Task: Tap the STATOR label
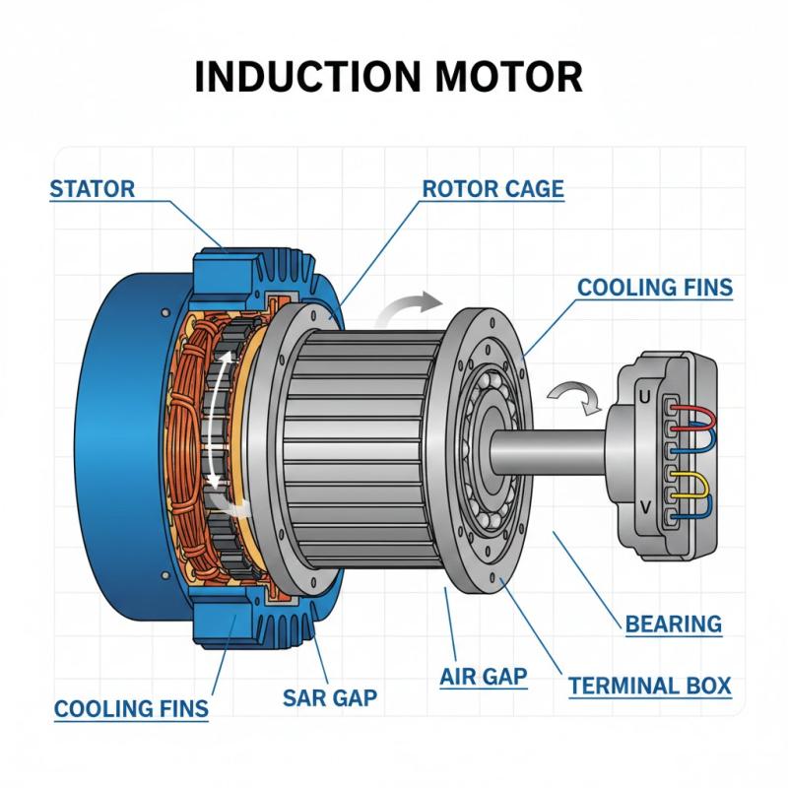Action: [92, 188]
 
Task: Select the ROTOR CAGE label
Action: [492, 188]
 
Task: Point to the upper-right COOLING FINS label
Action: [654, 288]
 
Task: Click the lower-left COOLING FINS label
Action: [131, 708]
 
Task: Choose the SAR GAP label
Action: [330, 698]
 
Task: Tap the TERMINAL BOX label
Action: [649, 685]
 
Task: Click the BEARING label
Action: [674, 623]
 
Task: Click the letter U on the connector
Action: [646, 399]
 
